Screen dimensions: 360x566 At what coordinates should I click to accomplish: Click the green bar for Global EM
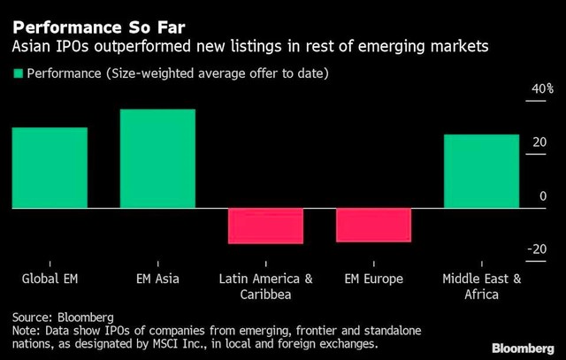[x=50, y=168]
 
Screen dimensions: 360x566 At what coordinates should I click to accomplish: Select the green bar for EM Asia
[x=157, y=159]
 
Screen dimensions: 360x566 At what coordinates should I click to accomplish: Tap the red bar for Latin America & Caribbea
[x=265, y=226]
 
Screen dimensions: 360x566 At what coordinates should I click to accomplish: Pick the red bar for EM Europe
[x=373, y=225]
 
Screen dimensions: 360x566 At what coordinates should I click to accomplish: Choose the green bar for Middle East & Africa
[x=481, y=172]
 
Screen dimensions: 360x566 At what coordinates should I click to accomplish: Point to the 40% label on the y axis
[x=542, y=88]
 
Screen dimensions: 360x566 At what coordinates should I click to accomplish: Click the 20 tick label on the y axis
[x=539, y=142]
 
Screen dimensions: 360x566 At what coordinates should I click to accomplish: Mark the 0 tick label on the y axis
[x=543, y=196]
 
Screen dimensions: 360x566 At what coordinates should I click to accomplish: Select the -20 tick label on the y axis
[x=537, y=250]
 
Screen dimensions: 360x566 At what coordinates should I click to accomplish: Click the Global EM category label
[x=50, y=280]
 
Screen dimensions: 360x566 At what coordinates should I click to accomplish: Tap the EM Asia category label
[x=157, y=280]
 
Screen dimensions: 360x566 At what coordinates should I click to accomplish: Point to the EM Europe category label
[x=373, y=280]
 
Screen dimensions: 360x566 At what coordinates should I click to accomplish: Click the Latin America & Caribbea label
[x=265, y=287]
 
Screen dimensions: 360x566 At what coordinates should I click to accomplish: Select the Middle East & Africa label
[x=481, y=287]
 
